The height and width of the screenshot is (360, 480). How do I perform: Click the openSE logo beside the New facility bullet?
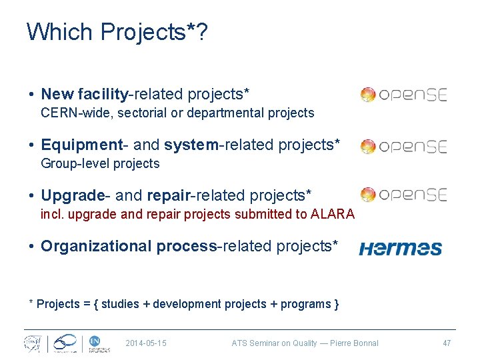pos(403,95)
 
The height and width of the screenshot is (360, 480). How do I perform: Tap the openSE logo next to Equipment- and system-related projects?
pos(403,146)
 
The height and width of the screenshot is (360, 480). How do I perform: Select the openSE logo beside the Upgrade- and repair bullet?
pos(403,195)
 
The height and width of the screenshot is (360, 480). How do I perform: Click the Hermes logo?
pos(400,249)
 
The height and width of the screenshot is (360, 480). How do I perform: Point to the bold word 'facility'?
pos(102,94)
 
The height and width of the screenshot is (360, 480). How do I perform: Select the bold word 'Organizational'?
pos(97,246)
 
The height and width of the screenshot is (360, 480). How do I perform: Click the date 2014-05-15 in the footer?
pos(146,343)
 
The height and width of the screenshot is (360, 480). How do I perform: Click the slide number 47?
pos(447,343)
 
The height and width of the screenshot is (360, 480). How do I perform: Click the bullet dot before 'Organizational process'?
pos(32,247)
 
